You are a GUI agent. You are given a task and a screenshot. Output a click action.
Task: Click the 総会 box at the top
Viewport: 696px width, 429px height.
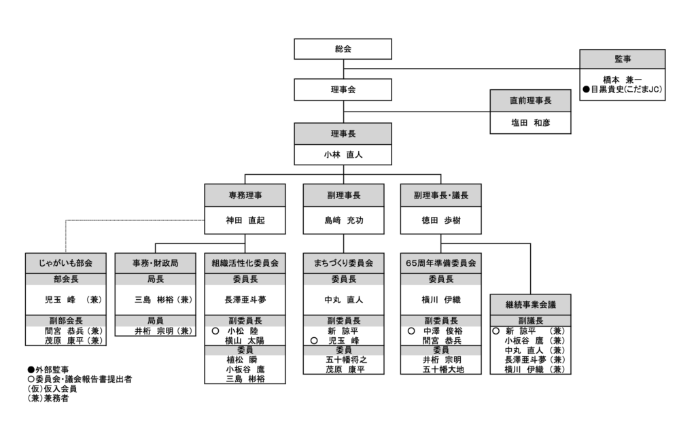[x=343, y=49]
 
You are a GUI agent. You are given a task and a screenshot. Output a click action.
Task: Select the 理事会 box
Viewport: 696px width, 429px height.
[x=343, y=89]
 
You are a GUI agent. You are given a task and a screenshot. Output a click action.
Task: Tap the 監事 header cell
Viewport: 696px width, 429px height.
[x=622, y=59]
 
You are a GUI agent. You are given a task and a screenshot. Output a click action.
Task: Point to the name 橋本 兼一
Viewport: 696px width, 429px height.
[x=622, y=79]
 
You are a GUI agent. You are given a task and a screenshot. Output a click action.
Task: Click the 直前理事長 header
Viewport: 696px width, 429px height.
[x=531, y=100]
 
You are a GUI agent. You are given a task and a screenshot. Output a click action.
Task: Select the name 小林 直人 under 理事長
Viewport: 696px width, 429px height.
[x=343, y=154]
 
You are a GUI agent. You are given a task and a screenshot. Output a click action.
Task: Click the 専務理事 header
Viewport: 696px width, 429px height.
[x=245, y=194]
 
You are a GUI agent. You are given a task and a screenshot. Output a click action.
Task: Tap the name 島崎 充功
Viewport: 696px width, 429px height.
[x=343, y=221]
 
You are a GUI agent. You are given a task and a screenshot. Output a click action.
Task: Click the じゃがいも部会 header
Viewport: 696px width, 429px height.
[x=66, y=262]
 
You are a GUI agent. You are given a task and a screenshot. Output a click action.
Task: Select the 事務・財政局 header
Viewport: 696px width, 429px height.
[x=155, y=262]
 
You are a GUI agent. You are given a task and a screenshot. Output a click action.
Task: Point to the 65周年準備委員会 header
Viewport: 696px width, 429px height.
[x=440, y=262]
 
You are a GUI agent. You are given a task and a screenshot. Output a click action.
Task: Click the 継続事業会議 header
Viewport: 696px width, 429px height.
[x=530, y=303]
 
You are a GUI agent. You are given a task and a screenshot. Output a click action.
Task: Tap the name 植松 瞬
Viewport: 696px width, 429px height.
[x=245, y=359]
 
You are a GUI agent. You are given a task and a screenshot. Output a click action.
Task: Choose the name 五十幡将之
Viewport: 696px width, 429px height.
[x=343, y=359]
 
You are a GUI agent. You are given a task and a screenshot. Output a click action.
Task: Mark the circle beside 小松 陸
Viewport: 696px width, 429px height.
[x=215, y=330]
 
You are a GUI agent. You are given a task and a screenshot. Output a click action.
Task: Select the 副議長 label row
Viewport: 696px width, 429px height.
[x=530, y=320]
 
